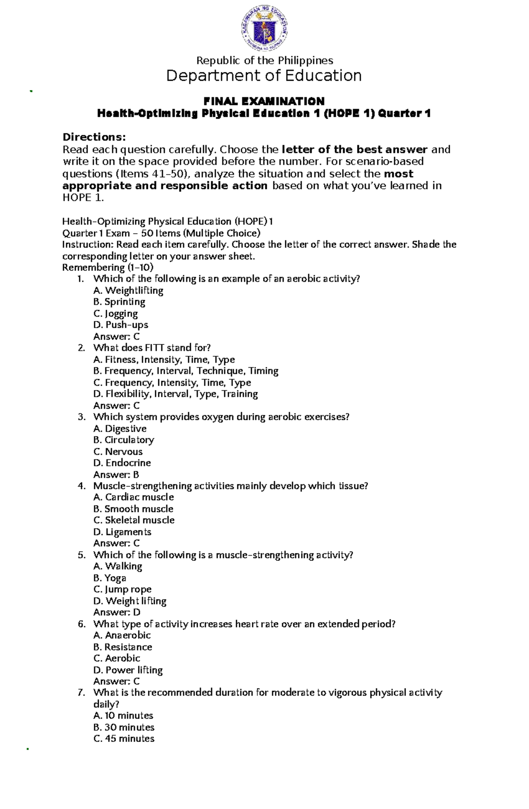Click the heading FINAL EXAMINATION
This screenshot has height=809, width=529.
[264, 101]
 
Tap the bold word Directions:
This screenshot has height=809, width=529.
[94, 137]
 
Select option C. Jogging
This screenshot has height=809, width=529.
[115, 313]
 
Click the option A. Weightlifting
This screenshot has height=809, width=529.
[128, 291]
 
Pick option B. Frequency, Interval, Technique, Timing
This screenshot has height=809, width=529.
[186, 371]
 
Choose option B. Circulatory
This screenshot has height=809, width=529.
[124, 440]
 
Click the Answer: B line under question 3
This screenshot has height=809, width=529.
[116, 475]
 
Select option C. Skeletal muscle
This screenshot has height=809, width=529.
[134, 520]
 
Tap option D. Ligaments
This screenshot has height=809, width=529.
[122, 532]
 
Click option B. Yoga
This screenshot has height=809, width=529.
[110, 578]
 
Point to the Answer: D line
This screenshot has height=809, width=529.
[117, 612]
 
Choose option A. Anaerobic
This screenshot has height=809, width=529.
[122, 635]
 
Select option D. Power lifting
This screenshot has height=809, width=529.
[128, 670]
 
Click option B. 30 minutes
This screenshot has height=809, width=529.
[124, 727]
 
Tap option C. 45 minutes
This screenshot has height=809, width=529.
[124, 739]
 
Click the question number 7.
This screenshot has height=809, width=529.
[81, 693]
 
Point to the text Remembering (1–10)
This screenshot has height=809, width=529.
[108, 268]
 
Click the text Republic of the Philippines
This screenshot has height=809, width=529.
[264, 60]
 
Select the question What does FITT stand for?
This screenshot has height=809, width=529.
[152, 348]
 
